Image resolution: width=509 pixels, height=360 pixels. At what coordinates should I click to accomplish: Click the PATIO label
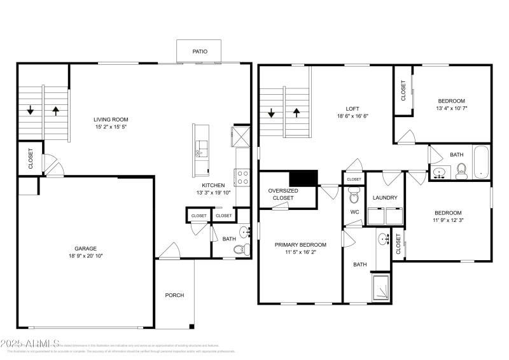[200, 52]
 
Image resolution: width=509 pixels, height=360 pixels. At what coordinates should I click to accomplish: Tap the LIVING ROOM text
[111, 119]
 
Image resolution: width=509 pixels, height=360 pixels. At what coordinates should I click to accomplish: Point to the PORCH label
[174, 295]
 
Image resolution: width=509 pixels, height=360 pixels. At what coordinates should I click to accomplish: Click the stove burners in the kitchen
[242, 176]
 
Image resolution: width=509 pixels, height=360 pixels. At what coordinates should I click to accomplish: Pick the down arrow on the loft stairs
[272, 114]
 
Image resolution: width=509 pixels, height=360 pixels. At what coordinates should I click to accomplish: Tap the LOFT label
[352, 108]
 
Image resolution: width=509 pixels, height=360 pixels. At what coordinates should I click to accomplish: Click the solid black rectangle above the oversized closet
[303, 179]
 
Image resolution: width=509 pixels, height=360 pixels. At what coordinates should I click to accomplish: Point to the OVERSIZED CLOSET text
[283, 194]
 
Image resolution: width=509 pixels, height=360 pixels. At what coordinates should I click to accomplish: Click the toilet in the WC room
[354, 197]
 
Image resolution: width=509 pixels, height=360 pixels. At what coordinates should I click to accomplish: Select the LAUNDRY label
[385, 198]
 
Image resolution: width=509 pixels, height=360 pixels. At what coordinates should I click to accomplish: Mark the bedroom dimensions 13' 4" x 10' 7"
[451, 109]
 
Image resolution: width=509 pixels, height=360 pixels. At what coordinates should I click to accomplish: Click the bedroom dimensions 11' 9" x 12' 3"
[448, 221]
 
